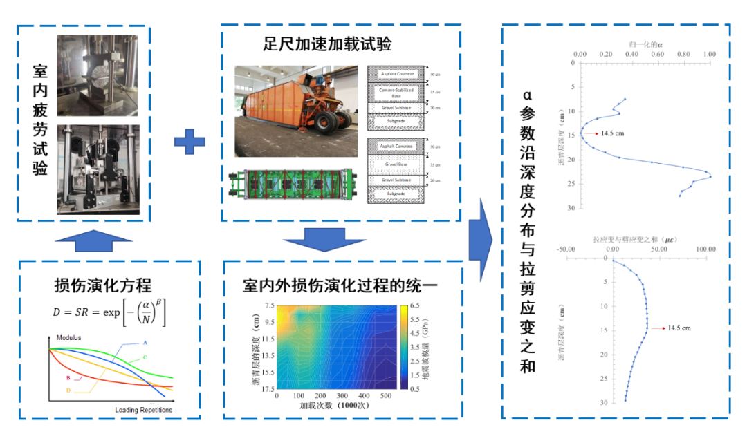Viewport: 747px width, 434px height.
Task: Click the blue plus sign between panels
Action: [190, 142]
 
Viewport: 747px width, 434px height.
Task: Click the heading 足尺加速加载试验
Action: [327, 45]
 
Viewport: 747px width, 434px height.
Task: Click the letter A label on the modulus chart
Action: [145, 342]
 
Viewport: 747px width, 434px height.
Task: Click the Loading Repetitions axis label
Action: [143, 410]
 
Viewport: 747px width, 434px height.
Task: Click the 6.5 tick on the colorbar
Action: [415, 305]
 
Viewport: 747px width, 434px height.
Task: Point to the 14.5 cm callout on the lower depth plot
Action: [679, 328]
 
